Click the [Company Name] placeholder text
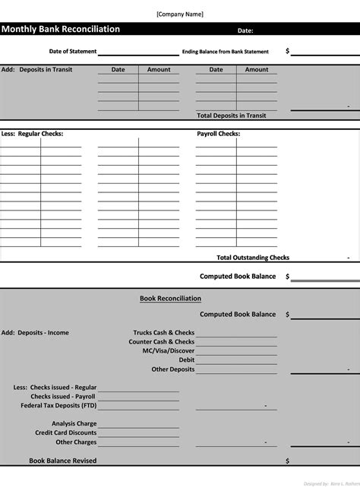(x=180, y=14)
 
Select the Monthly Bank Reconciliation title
(x=61, y=30)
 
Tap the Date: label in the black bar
(x=245, y=31)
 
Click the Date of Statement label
(x=73, y=52)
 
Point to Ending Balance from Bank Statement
(x=226, y=52)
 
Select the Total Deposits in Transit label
(x=231, y=116)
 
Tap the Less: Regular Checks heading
(x=32, y=134)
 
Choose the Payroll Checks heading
(x=218, y=134)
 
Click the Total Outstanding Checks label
(x=253, y=258)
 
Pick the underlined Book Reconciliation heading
(x=170, y=299)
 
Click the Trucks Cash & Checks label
(x=163, y=333)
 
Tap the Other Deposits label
(x=173, y=369)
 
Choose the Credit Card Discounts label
(x=65, y=433)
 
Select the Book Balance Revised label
(x=62, y=461)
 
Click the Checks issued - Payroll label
(x=63, y=397)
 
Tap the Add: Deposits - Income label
(x=35, y=333)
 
